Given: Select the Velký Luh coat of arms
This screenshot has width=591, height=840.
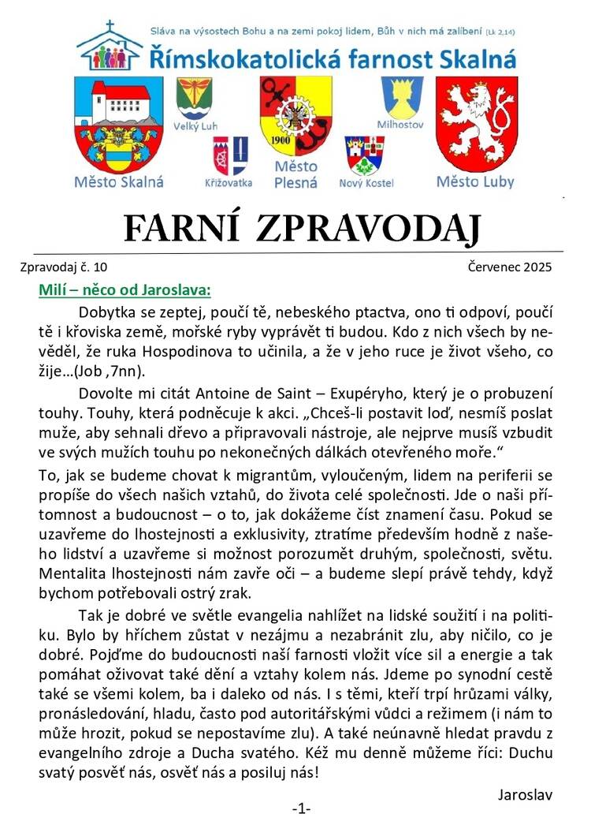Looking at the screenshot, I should (x=194, y=99).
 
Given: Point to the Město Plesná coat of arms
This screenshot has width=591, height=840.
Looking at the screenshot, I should (x=295, y=115).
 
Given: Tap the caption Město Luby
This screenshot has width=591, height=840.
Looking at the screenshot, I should (x=475, y=182).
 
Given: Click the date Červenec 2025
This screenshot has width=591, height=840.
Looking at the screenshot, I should (x=510, y=267).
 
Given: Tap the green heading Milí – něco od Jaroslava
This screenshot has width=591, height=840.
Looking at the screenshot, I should (x=125, y=289).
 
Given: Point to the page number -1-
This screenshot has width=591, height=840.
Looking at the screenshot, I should (x=302, y=808).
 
